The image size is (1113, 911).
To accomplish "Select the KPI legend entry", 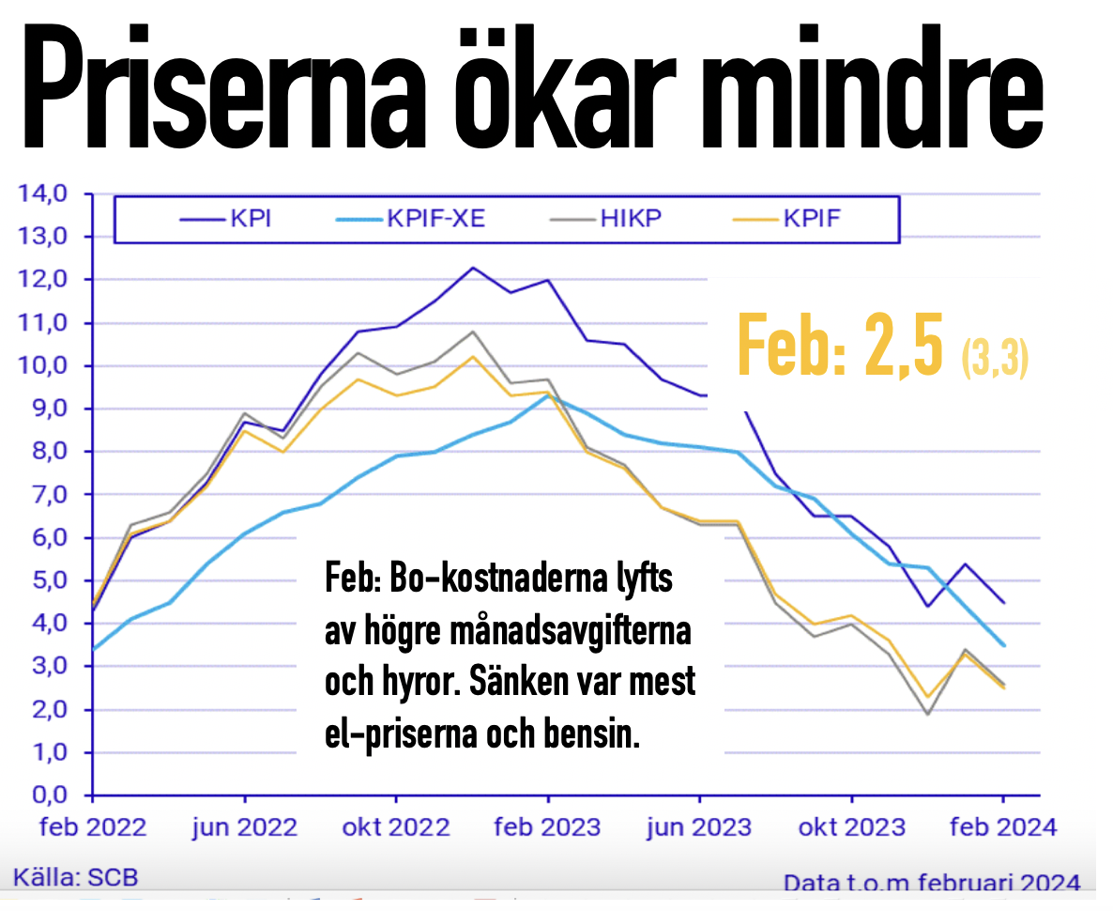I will pyautogui.click(x=230, y=220).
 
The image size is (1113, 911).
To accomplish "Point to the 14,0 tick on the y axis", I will pyautogui.click(x=41, y=194).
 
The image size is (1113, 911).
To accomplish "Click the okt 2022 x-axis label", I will pyautogui.click(x=396, y=826).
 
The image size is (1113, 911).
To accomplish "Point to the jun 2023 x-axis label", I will pyautogui.click(x=700, y=826).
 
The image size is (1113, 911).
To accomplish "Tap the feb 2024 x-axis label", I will pyautogui.click(x=1002, y=826).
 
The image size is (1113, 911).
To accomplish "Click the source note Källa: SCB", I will pyautogui.click(x=75, y=878).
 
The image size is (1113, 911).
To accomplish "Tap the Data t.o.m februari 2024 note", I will pyautogui.click(x=932, y=883).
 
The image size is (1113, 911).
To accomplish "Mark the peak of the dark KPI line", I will pyautogui.click(x=472, y=268).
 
